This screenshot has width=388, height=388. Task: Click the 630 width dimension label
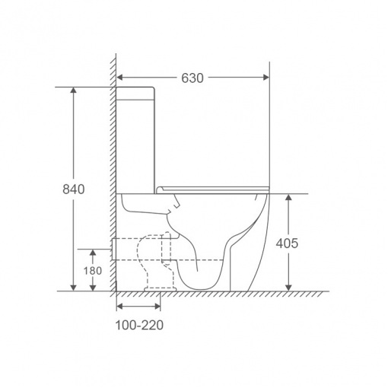pyautogui.click(x=192, y=78)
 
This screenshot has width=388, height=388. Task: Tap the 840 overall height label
pyautogui.click(x=74, y=189)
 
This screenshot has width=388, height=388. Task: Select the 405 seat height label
pyautogui.click(x=287, y=243)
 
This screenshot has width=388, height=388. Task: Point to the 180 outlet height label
pyautogui.click(x=93, y=271)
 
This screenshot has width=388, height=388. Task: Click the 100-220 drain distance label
pyautogui.click(x=139, y=325)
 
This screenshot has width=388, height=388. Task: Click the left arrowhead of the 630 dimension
pyautogui.click(x=119, y=77)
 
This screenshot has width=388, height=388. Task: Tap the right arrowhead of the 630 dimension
pyautogui.click(x=266, y=77)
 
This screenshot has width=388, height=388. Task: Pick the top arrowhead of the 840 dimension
pyautogui.click(x=74, y=91)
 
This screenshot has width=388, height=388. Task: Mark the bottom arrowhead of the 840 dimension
pyautogui.click(x=74, y=288)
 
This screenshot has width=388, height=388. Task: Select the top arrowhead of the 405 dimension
pyautogui.click(x=288, y=197)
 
